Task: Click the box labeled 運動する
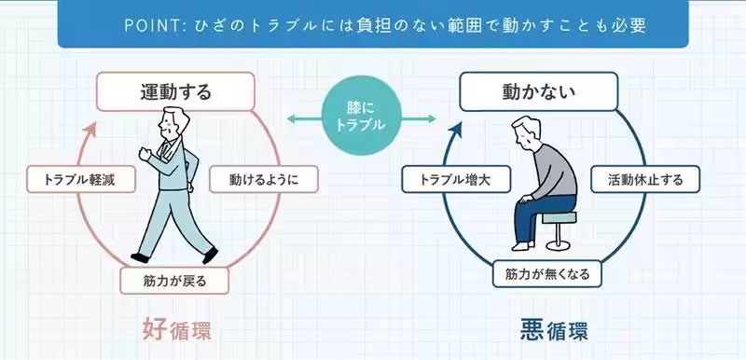(x=175, y=91)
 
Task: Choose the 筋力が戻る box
(x=175, y=278)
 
